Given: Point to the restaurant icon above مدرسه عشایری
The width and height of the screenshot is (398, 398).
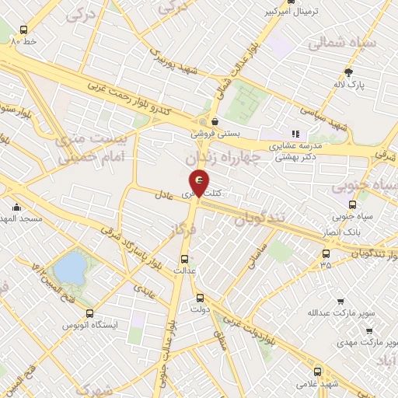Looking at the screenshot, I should tap(295, 133).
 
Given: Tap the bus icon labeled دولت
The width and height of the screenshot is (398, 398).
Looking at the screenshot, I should tap(201, 297).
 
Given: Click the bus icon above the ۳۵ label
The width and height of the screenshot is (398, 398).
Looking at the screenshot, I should tap(326, 253).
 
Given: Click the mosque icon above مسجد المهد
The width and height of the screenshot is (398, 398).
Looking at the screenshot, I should tap(17, 207).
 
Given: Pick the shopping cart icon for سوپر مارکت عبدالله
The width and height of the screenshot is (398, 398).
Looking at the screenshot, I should tap(340, 301).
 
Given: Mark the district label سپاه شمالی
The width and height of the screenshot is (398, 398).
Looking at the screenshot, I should tap(342, 44).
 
